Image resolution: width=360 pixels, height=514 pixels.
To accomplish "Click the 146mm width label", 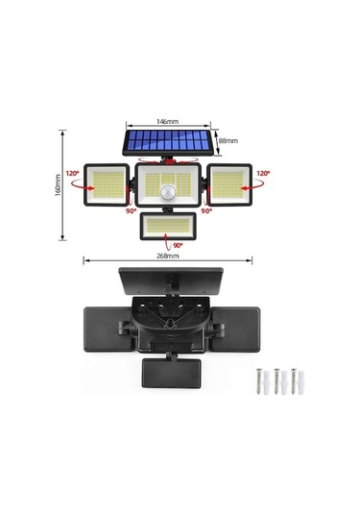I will (x=168, y=122).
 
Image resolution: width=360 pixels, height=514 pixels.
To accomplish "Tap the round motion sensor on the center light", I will (x=169, y=192).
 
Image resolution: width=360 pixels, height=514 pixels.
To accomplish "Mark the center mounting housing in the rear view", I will (x=169, y=322).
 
